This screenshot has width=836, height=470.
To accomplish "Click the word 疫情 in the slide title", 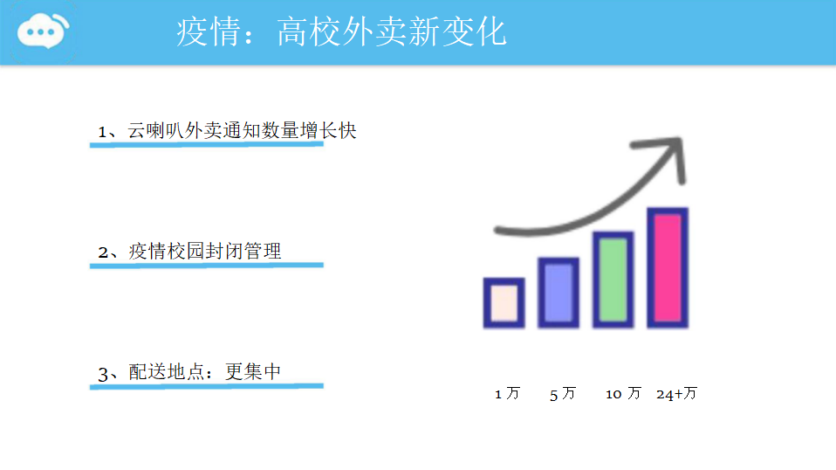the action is point(209,31).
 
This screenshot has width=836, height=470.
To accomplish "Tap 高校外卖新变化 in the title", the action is point(392,31).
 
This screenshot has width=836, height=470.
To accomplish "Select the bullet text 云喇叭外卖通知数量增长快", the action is point(242,131).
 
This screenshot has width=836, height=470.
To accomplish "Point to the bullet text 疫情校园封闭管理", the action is point(205,252).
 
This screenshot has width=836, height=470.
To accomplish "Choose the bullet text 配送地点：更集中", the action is point(205,372).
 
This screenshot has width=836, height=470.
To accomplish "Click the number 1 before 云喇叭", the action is point(102,132).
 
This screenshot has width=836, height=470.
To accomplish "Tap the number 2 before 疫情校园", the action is point(103,252).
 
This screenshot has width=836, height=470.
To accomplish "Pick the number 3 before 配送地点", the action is point(103,374).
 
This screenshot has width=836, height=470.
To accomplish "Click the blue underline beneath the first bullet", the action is point(206,144).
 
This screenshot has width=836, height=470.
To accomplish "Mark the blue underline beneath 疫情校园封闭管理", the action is point(206,266).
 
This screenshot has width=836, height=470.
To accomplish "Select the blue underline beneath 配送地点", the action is point(206,386).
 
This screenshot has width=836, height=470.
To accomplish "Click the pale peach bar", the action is point(504,303).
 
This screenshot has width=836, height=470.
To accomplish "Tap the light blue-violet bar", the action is point(558,293).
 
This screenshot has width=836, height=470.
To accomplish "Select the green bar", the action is point(613,280).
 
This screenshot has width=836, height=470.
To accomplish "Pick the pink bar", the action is point(668,268).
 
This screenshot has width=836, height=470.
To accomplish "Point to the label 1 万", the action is point(507,394).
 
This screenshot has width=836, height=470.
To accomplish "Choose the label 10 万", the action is point(623,394).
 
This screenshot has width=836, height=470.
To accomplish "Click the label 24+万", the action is point(676,394).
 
